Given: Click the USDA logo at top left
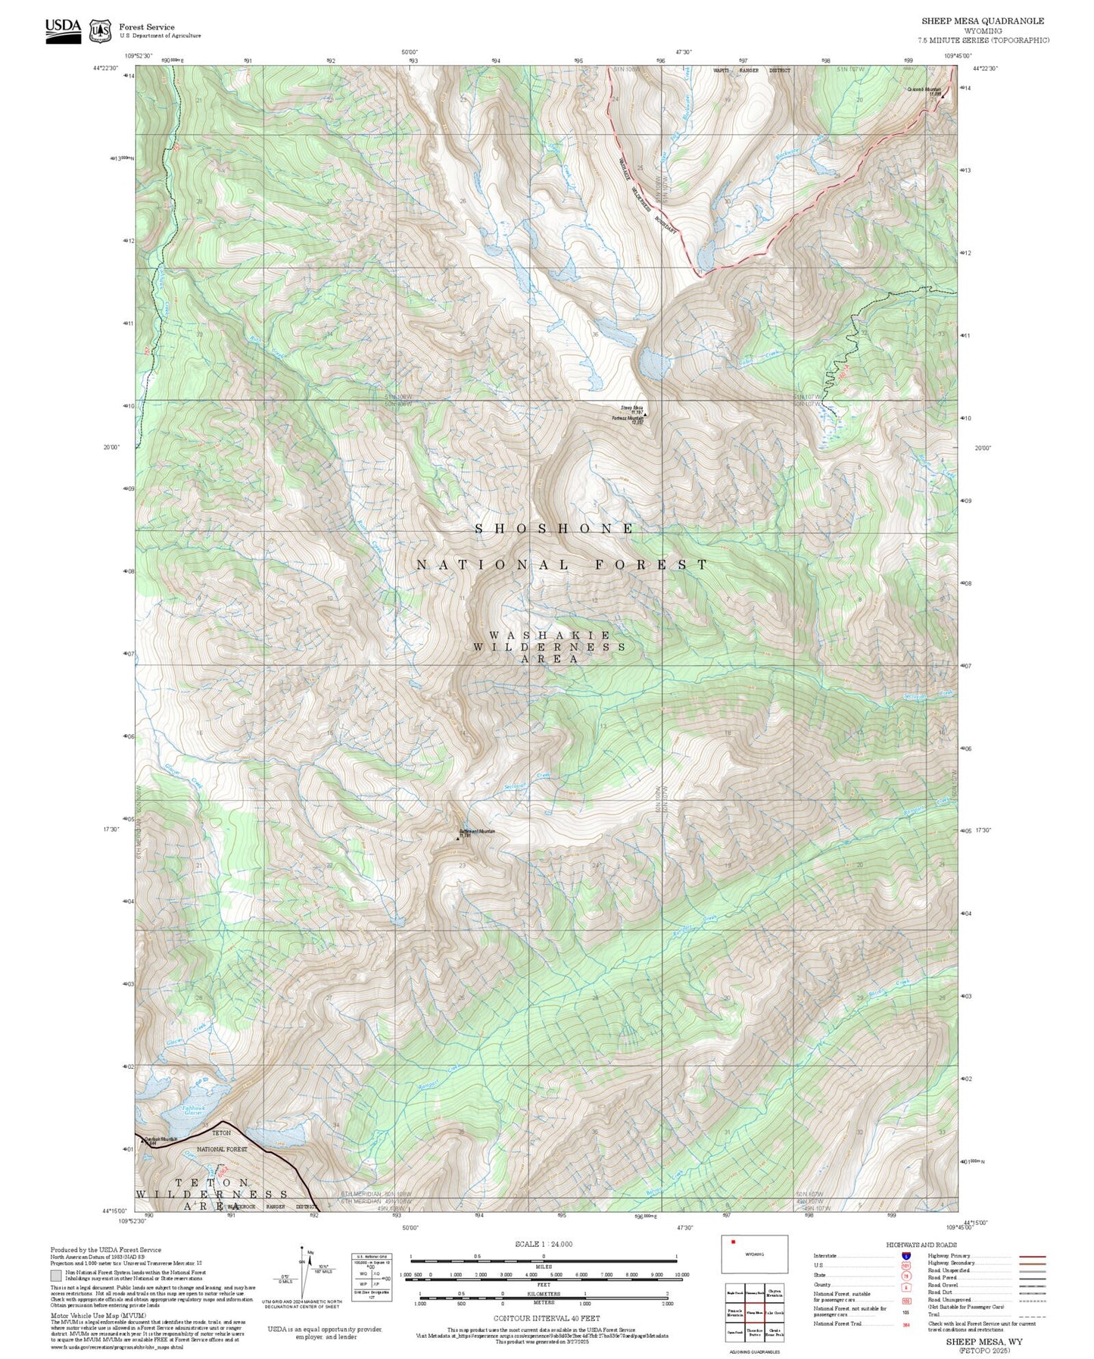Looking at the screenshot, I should tap(63, 30).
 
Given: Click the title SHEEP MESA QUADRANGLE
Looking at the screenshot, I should tap(982, 21).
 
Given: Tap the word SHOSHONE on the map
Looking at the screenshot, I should tap(554, 529).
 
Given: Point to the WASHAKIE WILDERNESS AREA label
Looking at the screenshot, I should tap(550, 647).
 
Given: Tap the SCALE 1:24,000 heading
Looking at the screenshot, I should tap(543, 1244).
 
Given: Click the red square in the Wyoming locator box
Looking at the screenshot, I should tap(733, 1242).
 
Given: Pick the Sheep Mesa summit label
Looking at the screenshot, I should tap(631, 408).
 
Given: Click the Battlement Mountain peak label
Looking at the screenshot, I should tap(476, 832).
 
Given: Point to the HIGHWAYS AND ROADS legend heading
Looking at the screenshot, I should tap(921, 1245).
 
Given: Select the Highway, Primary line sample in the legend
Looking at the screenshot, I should tap(1032, 1256).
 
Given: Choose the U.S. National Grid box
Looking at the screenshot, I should tap(372, 1277).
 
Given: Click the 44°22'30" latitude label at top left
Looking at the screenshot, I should tap(106, 68).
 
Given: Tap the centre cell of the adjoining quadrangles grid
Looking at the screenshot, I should tap(754, 1314).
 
